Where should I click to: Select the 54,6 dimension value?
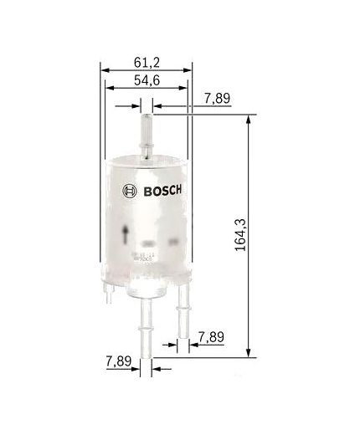(x=146, y=80)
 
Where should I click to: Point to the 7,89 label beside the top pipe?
(x=217, y=100)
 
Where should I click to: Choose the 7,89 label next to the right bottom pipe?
(x=211, y=338)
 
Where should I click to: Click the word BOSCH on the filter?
(x=162, y=189)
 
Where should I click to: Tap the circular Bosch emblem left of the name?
(x=128, y=189)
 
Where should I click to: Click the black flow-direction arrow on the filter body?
(x=126, y=233)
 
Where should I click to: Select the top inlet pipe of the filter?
(x=147, y=130)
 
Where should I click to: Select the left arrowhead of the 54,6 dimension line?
(x=109, y=91)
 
